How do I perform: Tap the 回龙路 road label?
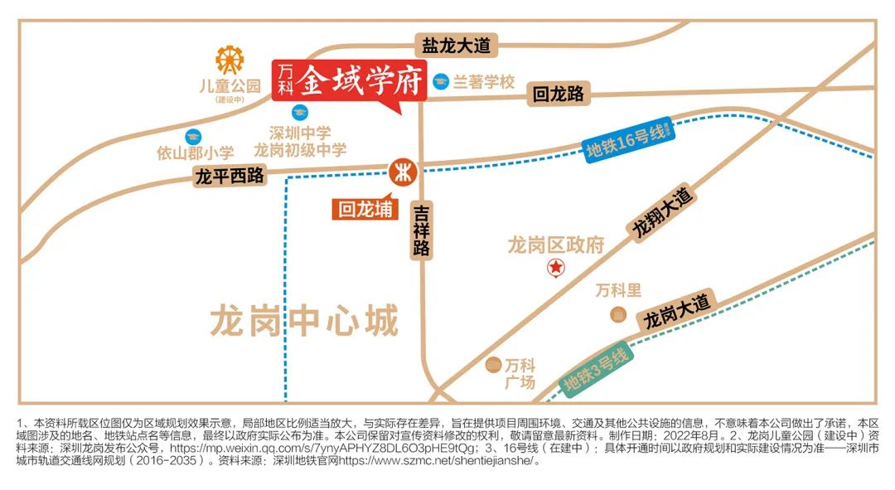tap(559, 94)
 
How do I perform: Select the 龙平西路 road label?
tap(229, 176)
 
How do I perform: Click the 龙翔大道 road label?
tap(663, 214)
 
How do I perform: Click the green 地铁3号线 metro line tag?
tap(594, 368)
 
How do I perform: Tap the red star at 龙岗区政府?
tap(555, 267)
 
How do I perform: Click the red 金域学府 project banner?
tap(351, 81)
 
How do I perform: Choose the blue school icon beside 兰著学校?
tap(440, 81)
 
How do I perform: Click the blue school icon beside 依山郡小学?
tap(193, 136)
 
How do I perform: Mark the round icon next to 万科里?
tap(618, 314)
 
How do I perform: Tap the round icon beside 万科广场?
tap(494, 364)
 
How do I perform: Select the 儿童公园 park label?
tap(230, 85)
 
